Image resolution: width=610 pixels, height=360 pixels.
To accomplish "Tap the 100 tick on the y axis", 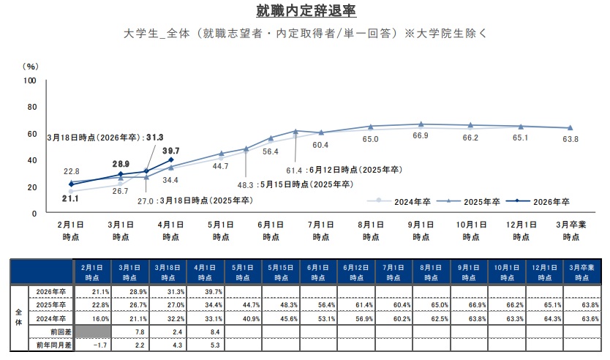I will click(30, 80).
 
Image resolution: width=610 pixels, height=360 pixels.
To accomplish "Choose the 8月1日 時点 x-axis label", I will click(369, 231).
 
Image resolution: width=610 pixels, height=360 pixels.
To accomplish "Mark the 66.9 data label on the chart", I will click(421, 137).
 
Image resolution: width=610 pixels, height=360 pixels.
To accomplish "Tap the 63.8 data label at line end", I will click(570, 139).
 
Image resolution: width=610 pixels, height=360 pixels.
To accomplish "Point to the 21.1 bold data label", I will click(71, 198).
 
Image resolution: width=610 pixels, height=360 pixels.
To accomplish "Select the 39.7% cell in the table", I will click(206, 292).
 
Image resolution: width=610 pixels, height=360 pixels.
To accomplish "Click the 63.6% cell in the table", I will click(583, 318).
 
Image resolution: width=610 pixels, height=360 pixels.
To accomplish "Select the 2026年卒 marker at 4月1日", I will click(171, 160).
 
